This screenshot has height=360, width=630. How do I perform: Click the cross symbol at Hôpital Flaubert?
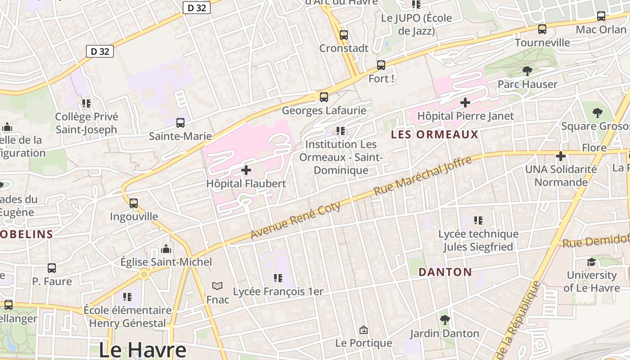(246, 170)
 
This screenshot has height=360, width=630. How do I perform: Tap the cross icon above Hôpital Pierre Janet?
(465, 103)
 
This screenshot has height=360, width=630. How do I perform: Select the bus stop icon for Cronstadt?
(344, 35)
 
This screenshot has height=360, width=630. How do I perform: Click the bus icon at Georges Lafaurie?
(324, 97)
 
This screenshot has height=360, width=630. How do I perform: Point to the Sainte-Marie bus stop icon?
(180, 122)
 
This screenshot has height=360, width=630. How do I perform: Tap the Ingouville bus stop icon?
(134, 203)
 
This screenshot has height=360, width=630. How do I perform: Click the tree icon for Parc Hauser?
(527, 71)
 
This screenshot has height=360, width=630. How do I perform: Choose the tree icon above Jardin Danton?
(445, 320)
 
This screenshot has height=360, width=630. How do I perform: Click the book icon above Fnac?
(217, 286)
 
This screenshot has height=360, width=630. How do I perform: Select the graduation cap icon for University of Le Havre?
(591, 262)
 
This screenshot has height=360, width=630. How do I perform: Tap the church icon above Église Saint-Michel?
(166, 249)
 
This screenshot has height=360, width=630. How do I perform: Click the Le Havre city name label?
(142, 350)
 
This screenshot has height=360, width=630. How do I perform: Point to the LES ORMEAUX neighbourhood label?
(434, 135)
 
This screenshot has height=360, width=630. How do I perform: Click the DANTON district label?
(445, 272)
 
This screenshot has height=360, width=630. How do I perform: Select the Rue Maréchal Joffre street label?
(423, 175)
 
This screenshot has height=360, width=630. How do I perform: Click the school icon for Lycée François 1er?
(278, 278)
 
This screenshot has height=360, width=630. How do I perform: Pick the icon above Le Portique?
(364, 330)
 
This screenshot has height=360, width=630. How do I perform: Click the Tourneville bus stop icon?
(542, 29)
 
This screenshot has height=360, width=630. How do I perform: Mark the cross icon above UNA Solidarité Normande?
(561, 156)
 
